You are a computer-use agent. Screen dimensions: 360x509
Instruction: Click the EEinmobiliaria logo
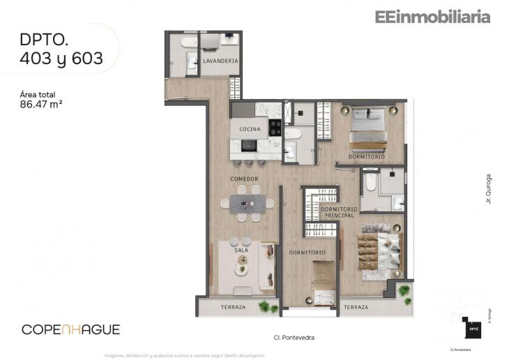click(x=432, y=17)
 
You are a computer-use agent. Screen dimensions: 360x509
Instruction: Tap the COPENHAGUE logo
click(x=71, y=329)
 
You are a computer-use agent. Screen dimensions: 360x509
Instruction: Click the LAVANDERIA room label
click(x=220, y=61)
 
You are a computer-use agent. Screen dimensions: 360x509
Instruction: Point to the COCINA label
click(x=250, y=129)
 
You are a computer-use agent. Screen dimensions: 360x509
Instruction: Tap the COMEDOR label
click(x=245, y=179)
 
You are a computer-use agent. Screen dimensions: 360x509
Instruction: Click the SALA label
click(x=241, y=249)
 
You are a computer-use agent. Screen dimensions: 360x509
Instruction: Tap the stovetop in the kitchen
click(x=275, y=128)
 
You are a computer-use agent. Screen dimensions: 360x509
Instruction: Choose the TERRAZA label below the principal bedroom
click(x=356, y=307)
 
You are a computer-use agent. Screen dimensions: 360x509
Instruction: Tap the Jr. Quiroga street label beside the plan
click(x=489, y=188)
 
